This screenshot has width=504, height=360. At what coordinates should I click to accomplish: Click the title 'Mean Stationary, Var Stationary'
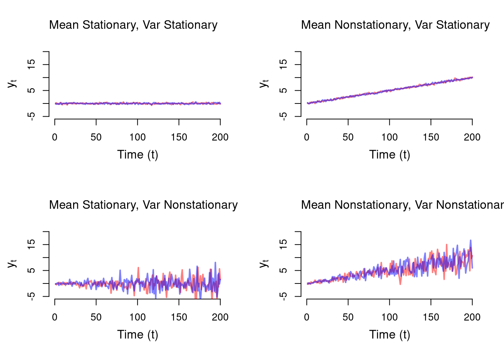click(x=133, y=25)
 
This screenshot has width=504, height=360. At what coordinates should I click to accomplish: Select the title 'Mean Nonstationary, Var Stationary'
click(x=395, y=25)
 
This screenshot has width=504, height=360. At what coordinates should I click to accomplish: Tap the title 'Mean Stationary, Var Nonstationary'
click(x=143, y=205)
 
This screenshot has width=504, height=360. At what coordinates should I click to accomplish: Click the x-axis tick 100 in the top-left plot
click(x=138, y=137)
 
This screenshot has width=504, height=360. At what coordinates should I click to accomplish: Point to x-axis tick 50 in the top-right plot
click(x=348, y=137)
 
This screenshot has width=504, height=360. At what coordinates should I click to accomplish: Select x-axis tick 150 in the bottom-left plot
click(x=179, y=317)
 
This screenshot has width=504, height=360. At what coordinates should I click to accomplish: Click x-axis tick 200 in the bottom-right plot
click(x=472, y=317)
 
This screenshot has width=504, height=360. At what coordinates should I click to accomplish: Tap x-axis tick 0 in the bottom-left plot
click(x=55, y=317)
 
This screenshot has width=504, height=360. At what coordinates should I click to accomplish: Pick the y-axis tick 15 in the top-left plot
click(x=32, y=64)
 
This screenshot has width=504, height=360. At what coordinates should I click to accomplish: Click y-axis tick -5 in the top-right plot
click(x=284, y=116)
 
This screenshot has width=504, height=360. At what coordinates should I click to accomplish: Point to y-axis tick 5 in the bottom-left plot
click(x=32, y=270)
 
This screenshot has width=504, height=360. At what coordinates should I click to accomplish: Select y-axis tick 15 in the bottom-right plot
click(x=284, y=244)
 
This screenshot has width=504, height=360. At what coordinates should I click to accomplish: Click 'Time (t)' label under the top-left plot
click(x=138, y=154)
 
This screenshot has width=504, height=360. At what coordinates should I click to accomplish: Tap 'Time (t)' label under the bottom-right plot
click(x=390, y=334)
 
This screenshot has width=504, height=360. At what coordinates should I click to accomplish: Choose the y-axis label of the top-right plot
click(x=264, y=83)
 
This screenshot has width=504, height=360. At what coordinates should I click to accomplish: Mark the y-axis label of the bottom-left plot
click(x=12, y=263)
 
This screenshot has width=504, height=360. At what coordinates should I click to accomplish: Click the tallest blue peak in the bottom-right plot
click(x=470, y=240)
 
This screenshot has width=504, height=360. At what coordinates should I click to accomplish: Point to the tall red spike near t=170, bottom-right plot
click(x=447, y=245)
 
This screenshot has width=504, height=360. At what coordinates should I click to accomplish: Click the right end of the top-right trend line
click(x=472, y=77)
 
